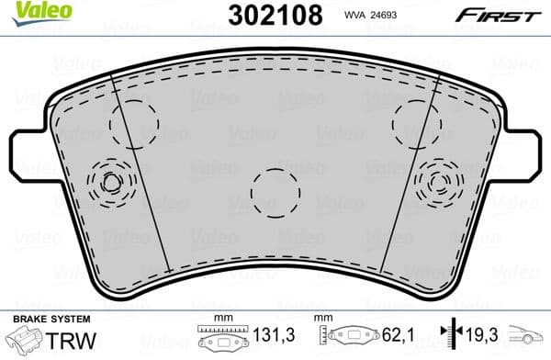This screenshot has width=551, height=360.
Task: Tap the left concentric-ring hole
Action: (x=111, y=181)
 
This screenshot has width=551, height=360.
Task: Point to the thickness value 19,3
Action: (x=475, y=337)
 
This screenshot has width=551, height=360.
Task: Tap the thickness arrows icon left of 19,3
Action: (x=446, y=337)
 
